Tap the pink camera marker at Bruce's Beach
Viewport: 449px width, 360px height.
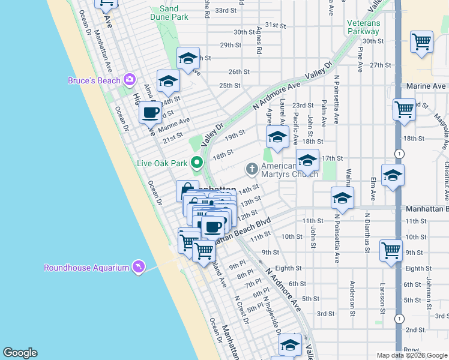tap(129, 80)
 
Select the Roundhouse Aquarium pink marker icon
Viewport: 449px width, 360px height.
tap(139, 267)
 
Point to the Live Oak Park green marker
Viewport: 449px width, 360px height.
tap(196, 162)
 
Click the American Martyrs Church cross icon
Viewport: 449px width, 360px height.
tap(252, 170)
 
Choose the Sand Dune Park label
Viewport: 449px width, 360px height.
tap(169, 13)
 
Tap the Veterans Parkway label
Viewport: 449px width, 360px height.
tap(363, 27)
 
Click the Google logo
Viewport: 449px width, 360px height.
tap(20, 353)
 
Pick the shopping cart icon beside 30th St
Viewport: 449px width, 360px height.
tap(422, 42)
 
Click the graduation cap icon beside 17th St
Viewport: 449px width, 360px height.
tap(307, 160)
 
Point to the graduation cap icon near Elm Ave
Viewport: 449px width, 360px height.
tap(393, 175)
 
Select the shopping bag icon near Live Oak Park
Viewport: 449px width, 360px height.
tap(187, 191)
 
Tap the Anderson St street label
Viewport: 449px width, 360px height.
tap(353, 293)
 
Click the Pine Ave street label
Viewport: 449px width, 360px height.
tap(360, 58)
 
